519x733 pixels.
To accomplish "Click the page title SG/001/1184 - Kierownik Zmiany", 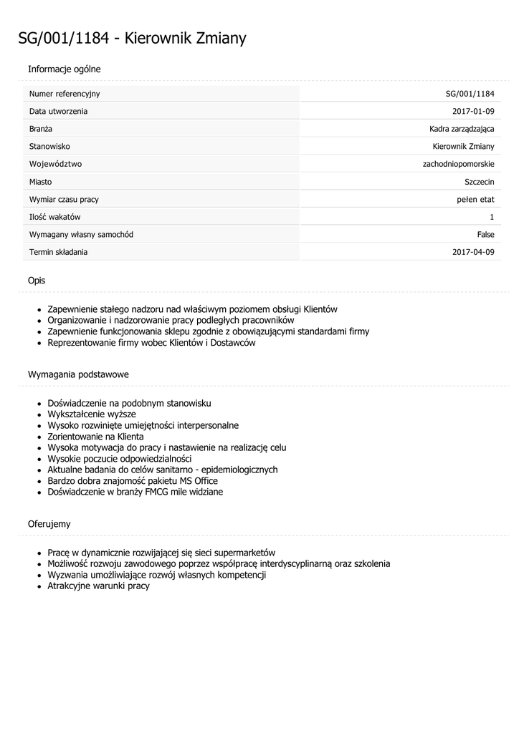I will pos(132,39).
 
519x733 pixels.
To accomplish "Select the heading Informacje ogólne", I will pos(64,69).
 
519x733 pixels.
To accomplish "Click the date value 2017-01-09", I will pos(473,112).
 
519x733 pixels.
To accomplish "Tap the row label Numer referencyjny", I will pos(65,94).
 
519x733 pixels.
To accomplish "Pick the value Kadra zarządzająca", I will pos(457,129).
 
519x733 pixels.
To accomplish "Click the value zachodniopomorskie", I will pos(458,164).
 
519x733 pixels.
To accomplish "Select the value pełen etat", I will pos(475,199).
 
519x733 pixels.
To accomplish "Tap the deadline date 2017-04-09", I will pos(473,252).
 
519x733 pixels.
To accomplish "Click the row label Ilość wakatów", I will pos(55,217).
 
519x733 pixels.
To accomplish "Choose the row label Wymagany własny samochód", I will pos(81,234).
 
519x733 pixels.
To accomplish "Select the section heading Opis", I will pos(37,281).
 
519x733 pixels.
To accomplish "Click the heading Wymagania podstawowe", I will pos(78,374).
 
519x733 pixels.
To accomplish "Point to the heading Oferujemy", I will pos(49,524).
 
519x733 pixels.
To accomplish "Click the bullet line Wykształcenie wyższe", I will pos(92,414).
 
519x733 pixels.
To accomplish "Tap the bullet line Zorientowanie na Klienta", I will pos(95,437).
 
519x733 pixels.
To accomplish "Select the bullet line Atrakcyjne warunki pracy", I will pos(98,586).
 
